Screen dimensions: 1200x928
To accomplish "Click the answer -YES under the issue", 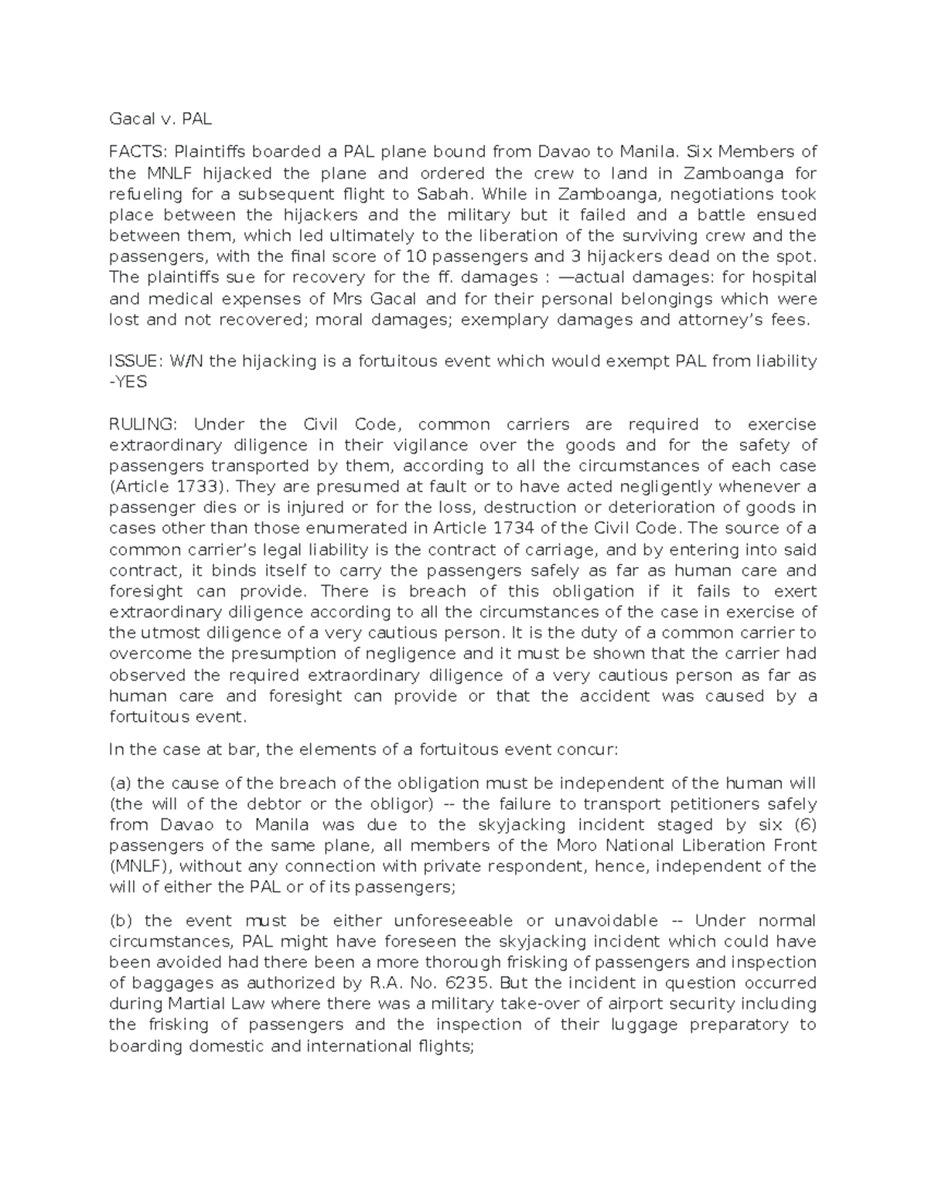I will tap(128, 382).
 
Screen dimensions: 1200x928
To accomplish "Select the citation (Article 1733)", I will tap(170, 487).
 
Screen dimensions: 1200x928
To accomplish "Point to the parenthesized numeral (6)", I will tap(801, 825).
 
